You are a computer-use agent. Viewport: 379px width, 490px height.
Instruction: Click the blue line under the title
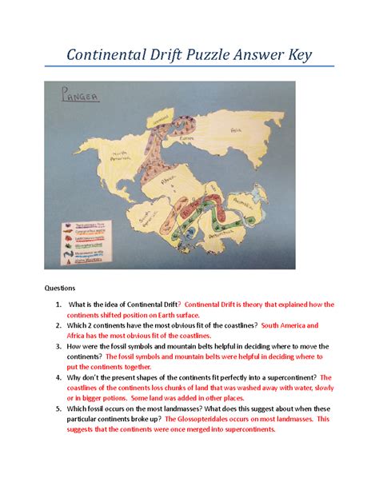tap(189, 77)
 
